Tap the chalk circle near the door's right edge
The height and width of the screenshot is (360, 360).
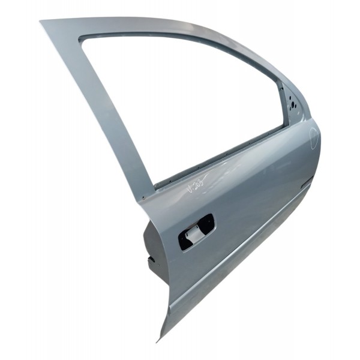(314, 137)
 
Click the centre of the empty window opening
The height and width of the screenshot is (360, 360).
(180, 102)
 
